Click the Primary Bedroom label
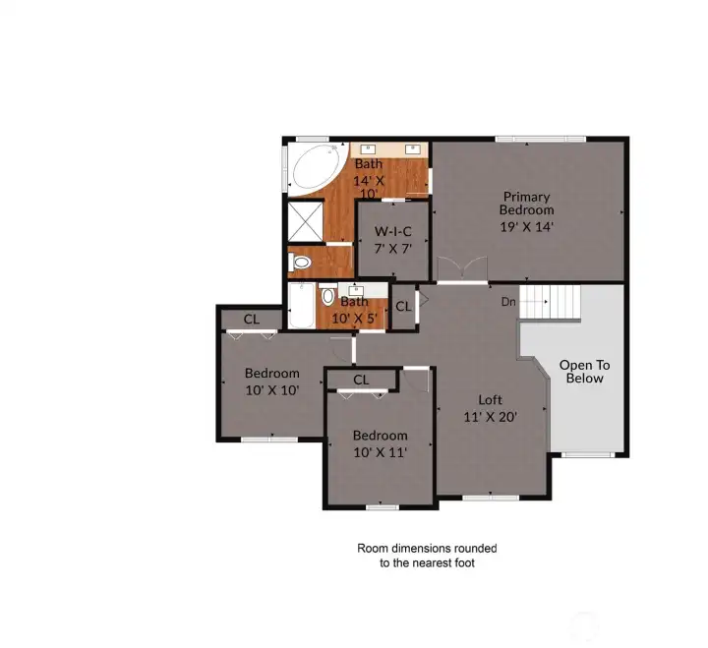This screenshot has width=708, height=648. tap(526, 204)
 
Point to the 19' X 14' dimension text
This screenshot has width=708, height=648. tap(526, 227)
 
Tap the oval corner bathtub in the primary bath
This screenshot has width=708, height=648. tap(316, 168)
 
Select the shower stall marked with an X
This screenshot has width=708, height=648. tap(306, 221)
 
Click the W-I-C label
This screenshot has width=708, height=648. tap(392, 232)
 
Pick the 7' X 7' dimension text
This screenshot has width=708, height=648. tap(392, 249)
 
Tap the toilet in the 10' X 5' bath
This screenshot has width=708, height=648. tap(328, 295)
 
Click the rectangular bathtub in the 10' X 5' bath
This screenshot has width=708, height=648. tap(302, 306)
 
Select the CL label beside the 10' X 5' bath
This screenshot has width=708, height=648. tap(403, 307)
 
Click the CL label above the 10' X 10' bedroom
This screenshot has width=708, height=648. tap(252, 320)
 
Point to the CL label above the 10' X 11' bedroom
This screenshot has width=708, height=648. tap(361, 380)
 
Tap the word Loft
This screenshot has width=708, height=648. tap(491, 399)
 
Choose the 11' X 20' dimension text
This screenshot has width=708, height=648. tap(491, 417)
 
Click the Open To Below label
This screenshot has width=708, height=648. tap(585, 372)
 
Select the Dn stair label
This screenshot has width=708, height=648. tap(508, 302)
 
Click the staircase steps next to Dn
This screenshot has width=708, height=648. tap(550, 302)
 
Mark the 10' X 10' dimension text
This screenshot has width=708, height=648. tap(272, 390)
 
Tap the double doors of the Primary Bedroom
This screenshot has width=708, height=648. tap(463, 270)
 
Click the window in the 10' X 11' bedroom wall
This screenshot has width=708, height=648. tap(382, 507)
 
